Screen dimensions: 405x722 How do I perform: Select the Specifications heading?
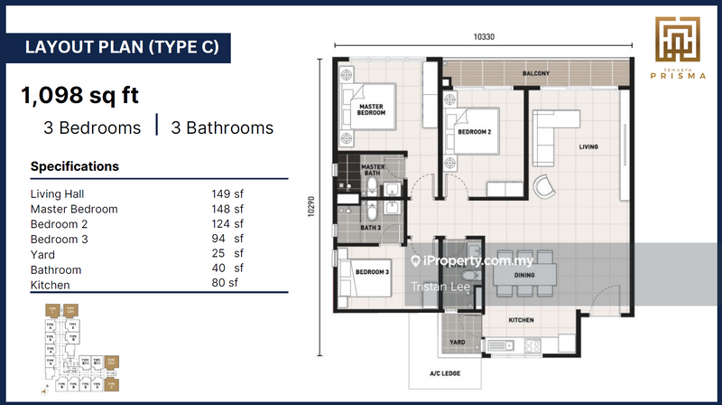(x=75, y=166)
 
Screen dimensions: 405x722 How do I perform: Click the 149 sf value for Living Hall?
(x=227, y=193)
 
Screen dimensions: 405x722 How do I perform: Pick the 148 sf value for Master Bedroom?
(x=227, y=209)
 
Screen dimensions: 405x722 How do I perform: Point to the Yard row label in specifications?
(x=43, y=254)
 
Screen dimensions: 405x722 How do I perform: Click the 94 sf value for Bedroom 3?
(x=227, y=239)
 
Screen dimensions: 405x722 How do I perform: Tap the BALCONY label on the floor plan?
(x=537, y=74)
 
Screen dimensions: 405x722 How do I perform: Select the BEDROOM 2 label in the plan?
(x=475, y=132)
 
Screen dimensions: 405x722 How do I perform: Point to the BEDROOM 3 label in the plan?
(x=371, y=272)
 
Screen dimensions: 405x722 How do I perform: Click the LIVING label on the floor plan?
(x=588, y=146)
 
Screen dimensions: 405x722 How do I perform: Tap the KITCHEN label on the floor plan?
(x=521, y=320)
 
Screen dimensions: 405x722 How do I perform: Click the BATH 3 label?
(x=371, y=228)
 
